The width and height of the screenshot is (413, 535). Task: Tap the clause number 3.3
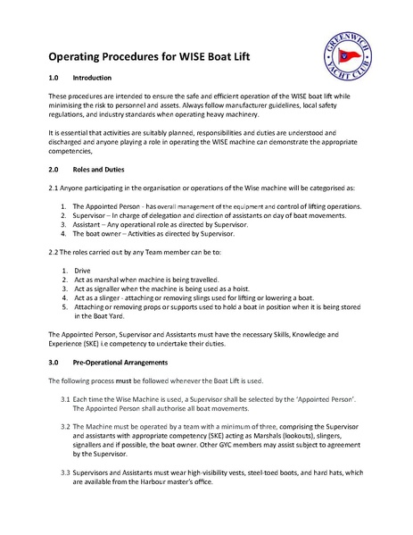pyautogui.click(x=65, y=471)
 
